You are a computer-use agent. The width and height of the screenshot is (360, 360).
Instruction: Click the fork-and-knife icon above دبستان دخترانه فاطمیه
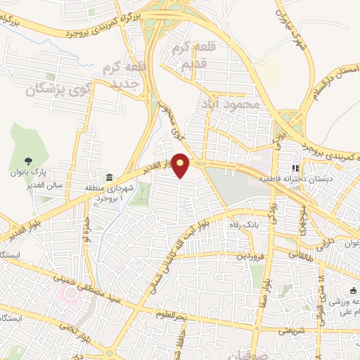pos(295,169)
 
